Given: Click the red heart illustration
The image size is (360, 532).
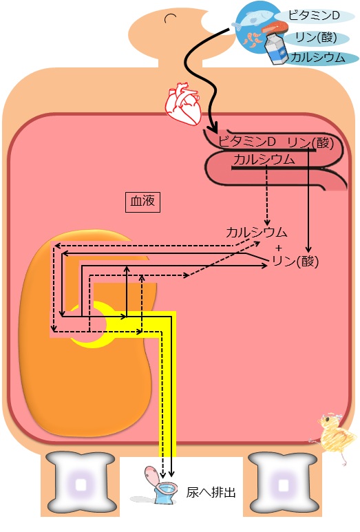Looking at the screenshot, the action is pyautogui.click(x=183, y=105).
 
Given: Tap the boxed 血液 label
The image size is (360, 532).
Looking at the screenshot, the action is pyautogui.click(x=142, y=202).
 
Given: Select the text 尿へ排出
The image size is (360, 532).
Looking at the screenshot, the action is pyautogui.click(x=211, y=492).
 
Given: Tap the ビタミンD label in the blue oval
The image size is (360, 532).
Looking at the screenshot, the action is pyautogui.click(x=313, y=15).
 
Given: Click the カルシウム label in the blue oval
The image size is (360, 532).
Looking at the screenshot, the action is pyautogui.click(x=318, y=57).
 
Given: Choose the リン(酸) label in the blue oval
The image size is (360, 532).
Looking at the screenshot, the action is pyautogui.click(x=316, y=37).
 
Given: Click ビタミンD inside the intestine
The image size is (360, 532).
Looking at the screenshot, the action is pyautogui.click(x=246, y=141).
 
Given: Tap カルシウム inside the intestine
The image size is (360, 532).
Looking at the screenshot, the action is pyautogui.click(x=264, y=160).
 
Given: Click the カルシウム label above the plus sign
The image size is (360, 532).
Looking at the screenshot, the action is pyautogui.click(x=257, y=233).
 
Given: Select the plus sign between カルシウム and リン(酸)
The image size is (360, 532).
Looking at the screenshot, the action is pyautogui.click(x=279, y=248).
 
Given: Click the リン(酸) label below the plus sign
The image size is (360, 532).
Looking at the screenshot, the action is pyautogui.click(x=295, y=262).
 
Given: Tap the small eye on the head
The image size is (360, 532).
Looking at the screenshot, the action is pyautogui.click(x=170, y=18).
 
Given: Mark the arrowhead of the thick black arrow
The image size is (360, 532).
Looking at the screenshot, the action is pyautogui.click(x=213, y=129).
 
